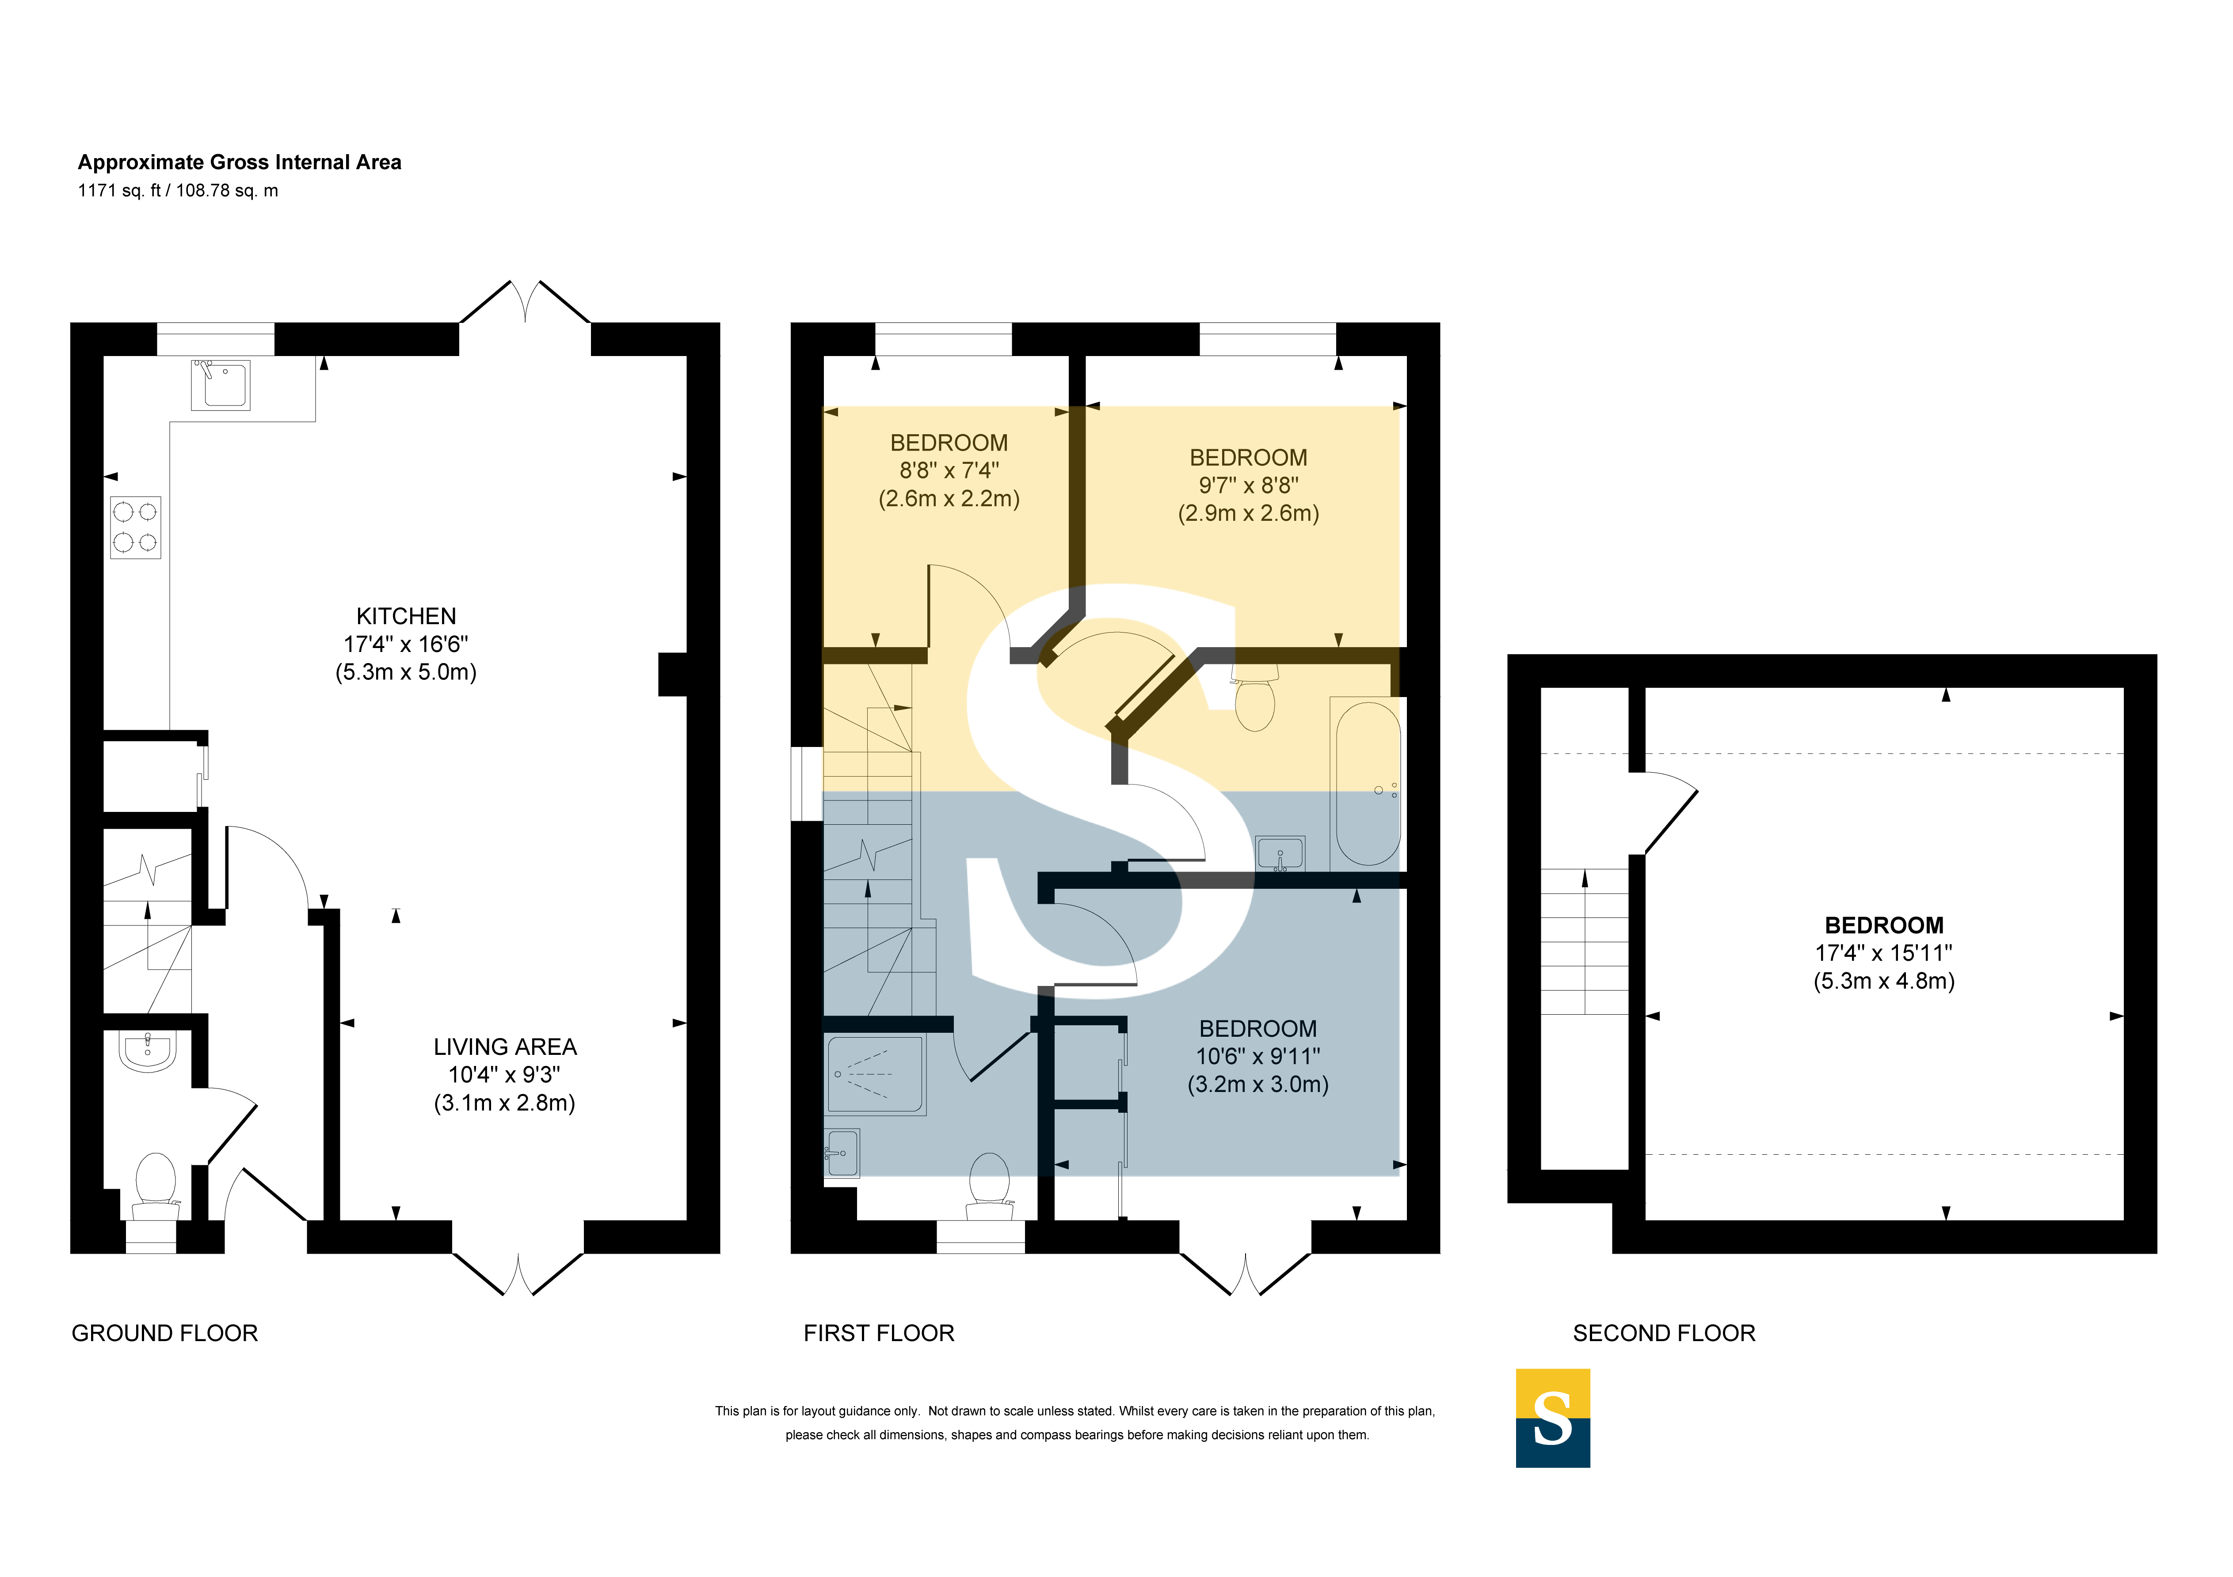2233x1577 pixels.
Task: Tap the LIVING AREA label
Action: [x=505, y=1047]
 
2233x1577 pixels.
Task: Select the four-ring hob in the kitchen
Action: [x=135, y=527]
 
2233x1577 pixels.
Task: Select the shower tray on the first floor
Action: [x=875, y=1074]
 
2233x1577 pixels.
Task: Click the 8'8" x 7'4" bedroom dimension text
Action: [x=949, y=470]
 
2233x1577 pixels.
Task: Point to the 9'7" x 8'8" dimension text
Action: [x=1249, y=485]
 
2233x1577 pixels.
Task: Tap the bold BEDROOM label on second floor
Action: [x=1884, y=925]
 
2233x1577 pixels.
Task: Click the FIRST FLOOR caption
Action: [x=879, y=1333]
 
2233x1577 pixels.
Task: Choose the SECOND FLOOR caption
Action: [x=1664, y=1333]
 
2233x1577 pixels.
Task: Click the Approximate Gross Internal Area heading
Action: [x=239, y=163]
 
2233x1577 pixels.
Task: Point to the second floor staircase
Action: [x=1584, y=941]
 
